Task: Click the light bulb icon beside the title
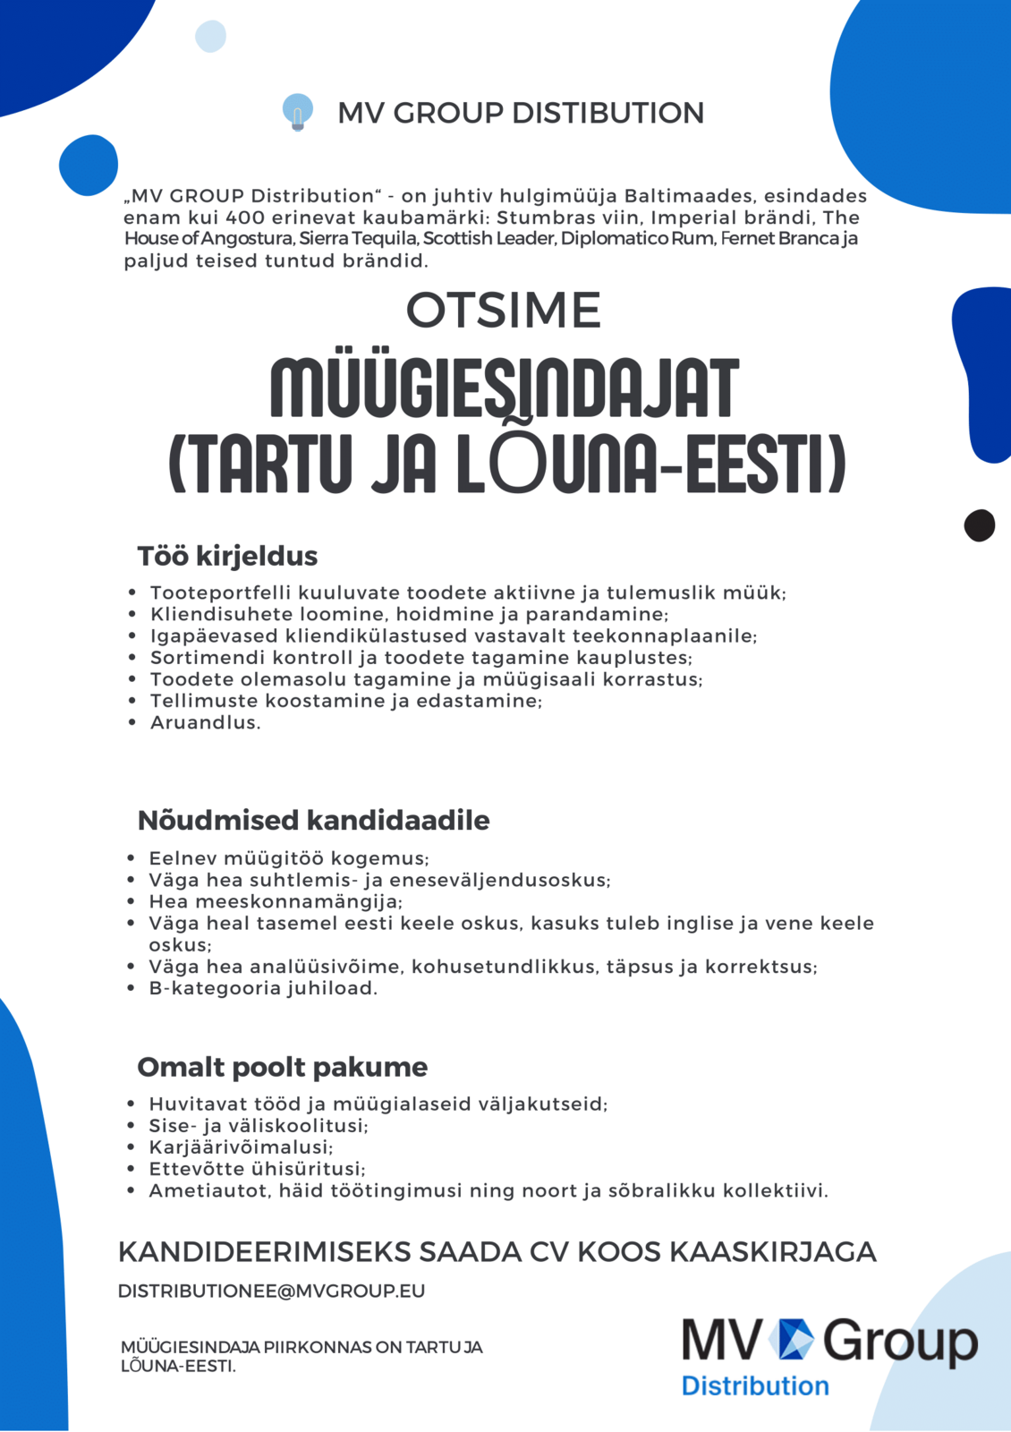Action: pyautogui.click(x=297, y=112)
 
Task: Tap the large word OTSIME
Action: pyautogui.click(x=504, y=311)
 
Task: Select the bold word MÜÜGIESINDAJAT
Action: pyautogui.click(x=505, y=388)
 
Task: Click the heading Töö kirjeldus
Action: pyautogui.click(x=227, y=556)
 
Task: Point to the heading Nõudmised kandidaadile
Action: pyautogui.click(x=313, y=820)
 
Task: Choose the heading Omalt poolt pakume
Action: pyautogui.click(x=282, y=1067)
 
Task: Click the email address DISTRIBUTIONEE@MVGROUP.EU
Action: pyautogui.click(x=271, y=1291)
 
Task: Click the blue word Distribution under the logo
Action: pyautogui.click(x=755, y=1385)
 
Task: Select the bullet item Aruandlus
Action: pyautogui.click(x=205, y=722)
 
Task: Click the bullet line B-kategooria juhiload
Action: pyautogui.click(x=263, y=988)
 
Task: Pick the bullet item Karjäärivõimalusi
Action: pyautogui.click(x=241, y=1147)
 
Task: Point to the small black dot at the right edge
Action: pyautogui.click(x=980, y=525)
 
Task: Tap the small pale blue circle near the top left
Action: pyautogui.click(x=210, y=37)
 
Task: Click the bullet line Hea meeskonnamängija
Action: pyautogui.click(x=276, y=901)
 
